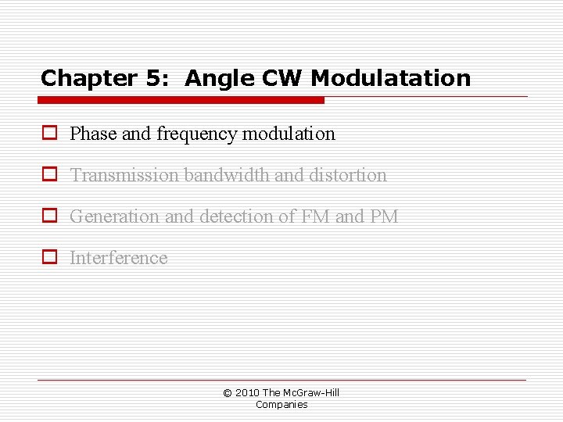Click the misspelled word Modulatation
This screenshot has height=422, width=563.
391,79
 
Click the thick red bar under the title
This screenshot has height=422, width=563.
181,100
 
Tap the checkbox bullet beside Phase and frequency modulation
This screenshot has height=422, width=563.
49,134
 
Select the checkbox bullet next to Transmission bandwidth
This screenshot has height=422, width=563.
49,175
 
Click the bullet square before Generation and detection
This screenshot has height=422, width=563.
49,216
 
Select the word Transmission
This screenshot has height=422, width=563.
124,175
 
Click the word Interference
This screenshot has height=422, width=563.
119,258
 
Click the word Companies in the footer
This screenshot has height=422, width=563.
281,405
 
